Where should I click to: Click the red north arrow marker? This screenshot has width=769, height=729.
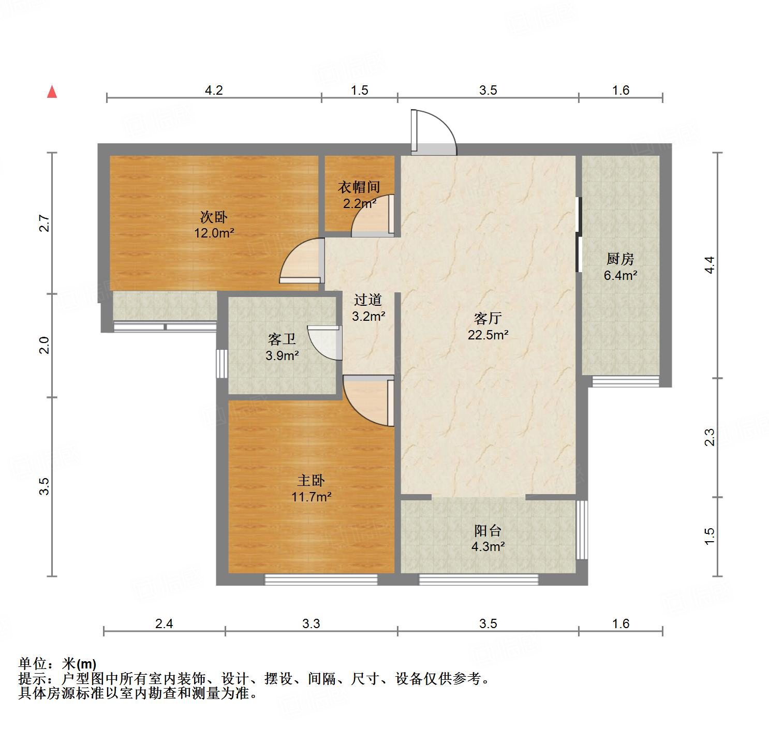(x=52, y=92)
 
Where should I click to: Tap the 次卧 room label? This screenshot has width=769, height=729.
(x=214, y=217)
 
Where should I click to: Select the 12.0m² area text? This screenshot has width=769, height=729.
(x=214, y=233)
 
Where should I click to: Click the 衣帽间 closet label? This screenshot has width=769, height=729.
(x=359, y=187)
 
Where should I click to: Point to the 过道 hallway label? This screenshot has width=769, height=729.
(x=368, y=300)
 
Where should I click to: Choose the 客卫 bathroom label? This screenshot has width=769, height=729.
(x=282, y=339)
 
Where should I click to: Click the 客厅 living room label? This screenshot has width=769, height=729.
(x=487, y=319)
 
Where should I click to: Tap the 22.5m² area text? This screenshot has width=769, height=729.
(x=487, y=335)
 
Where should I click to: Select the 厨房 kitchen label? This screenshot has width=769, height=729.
(x=620, y=259)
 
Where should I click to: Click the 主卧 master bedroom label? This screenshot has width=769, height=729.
(x=310, y=481)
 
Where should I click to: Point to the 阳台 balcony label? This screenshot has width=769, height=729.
(x=487, y=530)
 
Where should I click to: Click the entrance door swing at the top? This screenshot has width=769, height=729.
(x=434, y=132)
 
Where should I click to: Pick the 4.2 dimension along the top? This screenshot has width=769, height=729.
(x=214, y=91)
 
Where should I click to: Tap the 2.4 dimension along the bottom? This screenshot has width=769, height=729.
(x=164, y=623)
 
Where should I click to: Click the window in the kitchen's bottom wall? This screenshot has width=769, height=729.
(x=625, y=382)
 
